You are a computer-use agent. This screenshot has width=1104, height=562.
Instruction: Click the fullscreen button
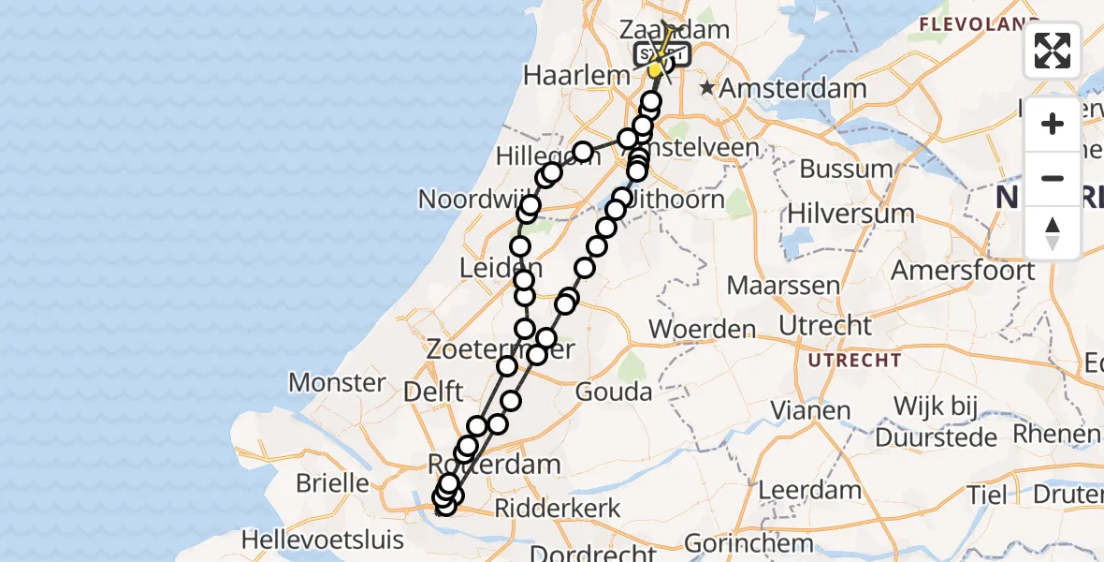(x=1053, y=51)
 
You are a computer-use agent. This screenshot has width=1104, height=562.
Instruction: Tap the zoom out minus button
(x=1053, y=178)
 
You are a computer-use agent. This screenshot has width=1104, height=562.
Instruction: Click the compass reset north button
(x=1053, y=232)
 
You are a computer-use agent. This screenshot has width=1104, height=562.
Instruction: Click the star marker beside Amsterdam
(x=708, y=88)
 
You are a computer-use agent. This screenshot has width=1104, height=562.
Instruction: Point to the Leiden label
(x=501, y=269)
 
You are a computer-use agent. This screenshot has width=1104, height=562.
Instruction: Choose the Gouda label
(x=614, y=392)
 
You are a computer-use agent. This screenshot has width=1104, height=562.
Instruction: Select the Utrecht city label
(x=825, y=327)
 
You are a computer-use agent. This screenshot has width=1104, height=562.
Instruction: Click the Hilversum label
(x=850, y=214)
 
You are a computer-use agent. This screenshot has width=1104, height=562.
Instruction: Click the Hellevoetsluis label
(x=323, y=540)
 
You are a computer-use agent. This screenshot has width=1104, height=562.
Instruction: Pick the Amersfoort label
(x=962, y=271)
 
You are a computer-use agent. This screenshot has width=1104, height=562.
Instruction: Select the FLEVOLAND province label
(x=981, y=22)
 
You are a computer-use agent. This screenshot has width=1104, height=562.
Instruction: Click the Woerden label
(x=702, y=329)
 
